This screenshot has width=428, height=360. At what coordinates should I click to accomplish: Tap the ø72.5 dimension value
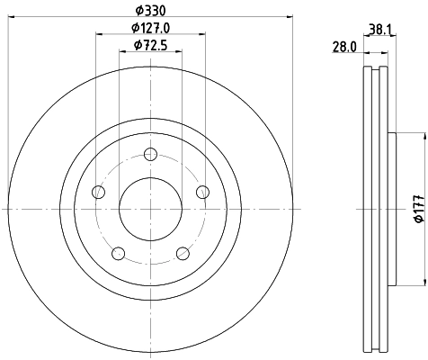(148, 45)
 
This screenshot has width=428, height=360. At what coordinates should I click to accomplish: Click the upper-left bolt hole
(100, 192)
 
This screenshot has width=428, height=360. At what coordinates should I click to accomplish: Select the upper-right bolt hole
(202, 191)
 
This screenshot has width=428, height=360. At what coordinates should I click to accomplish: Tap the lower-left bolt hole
(119, 253)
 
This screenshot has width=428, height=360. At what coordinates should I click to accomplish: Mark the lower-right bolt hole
(183, 253)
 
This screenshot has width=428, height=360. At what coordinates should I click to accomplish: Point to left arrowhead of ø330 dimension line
(8, 15)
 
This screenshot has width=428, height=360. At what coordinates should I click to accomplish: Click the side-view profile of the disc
(377, 209)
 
